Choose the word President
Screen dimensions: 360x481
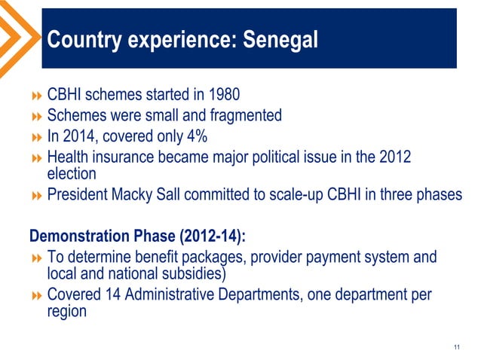click(x=80, y=194)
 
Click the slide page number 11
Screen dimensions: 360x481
click(x=457, y=346)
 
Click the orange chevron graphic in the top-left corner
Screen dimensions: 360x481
click(x=17, y=34)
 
